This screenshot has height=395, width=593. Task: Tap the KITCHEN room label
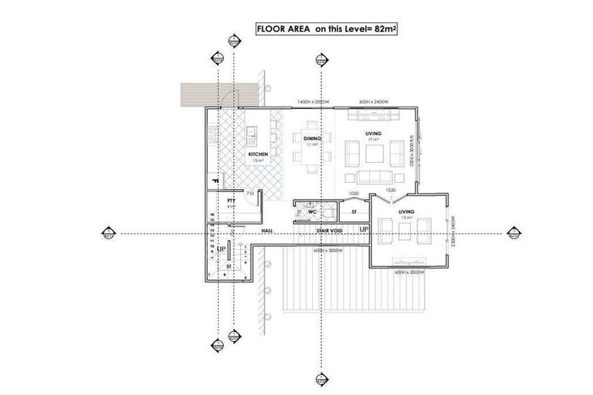point(259,155)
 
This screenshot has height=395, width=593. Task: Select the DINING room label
point(313,138)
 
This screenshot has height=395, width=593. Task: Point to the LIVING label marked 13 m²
point(406,211)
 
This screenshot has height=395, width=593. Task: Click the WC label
point(312,211)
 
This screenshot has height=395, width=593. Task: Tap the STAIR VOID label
point(329,230)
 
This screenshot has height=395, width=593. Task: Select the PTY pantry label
point(230,201)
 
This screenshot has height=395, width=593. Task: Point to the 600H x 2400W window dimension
point(375,102)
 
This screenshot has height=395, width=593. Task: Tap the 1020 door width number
point(354,193)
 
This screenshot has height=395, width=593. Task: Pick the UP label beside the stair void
point(364,230)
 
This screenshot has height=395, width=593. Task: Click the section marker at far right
point(512,232)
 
